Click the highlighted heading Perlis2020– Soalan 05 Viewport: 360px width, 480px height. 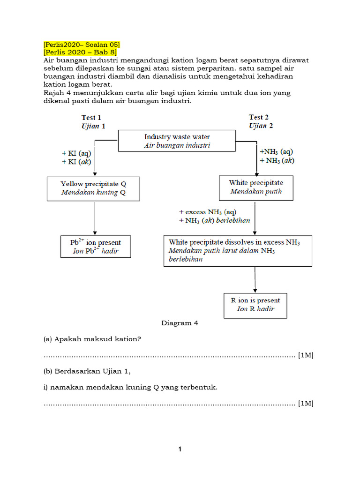click(x=82, y=45)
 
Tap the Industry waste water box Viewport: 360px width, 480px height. click(x=177, y=141)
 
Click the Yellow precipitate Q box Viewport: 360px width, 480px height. click(x=93, y=188)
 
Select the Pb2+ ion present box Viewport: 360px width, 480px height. click(x=96, y=247)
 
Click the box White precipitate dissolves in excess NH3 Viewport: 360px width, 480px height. click(x=238, y=251)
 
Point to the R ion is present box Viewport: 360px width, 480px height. click(x=255, y=305)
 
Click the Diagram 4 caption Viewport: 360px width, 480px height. click(x=176, y=323)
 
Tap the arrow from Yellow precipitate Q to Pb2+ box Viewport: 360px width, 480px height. click(x=95, y=218)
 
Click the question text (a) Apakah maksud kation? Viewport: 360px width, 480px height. click(x=92, y=339)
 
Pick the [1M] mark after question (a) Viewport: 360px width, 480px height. click(x=305, y=355)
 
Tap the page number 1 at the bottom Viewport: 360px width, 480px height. click(x=180, y=450)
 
